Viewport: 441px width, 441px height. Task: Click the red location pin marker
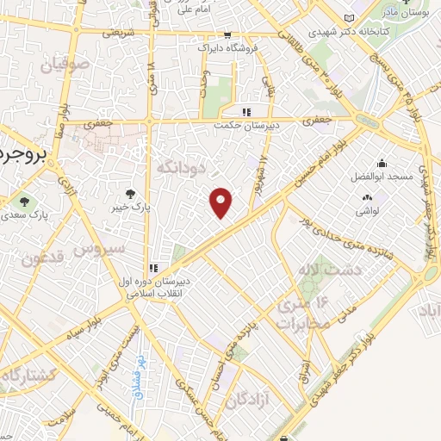222,202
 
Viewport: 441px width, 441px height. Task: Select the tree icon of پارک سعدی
23,203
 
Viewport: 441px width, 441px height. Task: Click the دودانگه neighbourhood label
183,166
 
